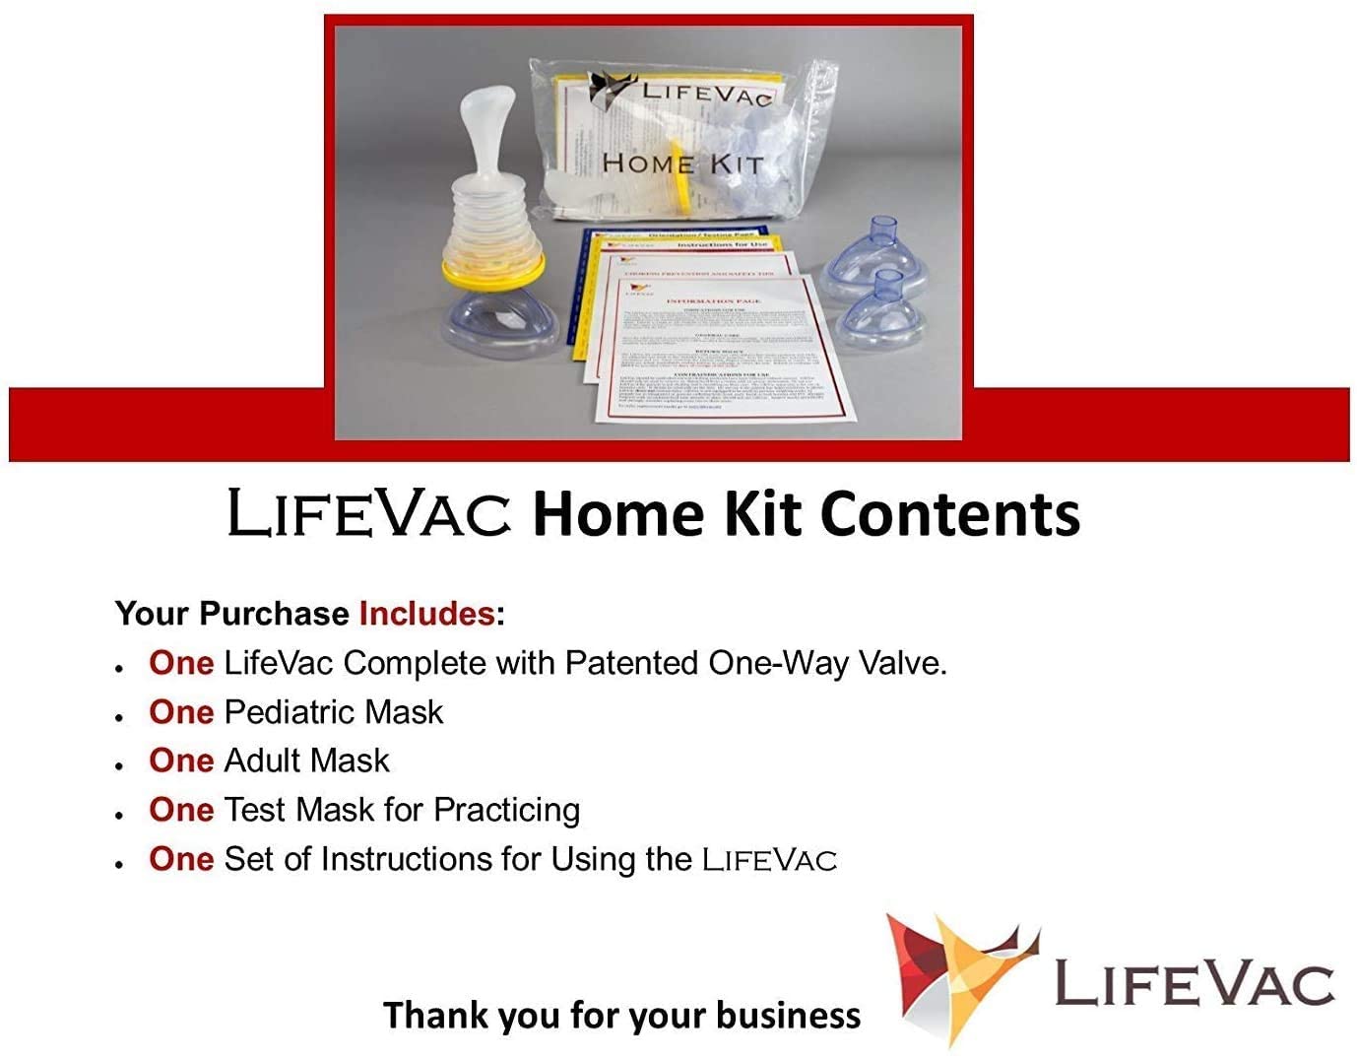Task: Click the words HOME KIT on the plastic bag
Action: click(x=682, y=165)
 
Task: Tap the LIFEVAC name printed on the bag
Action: click(x=703, y=95)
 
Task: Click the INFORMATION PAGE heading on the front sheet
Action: click(x=713, y=300)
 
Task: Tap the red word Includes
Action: click(x=426, y=614)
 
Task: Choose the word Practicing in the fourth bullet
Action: click(x=506, y=811)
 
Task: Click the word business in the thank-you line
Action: click(x=788, y=1016)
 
